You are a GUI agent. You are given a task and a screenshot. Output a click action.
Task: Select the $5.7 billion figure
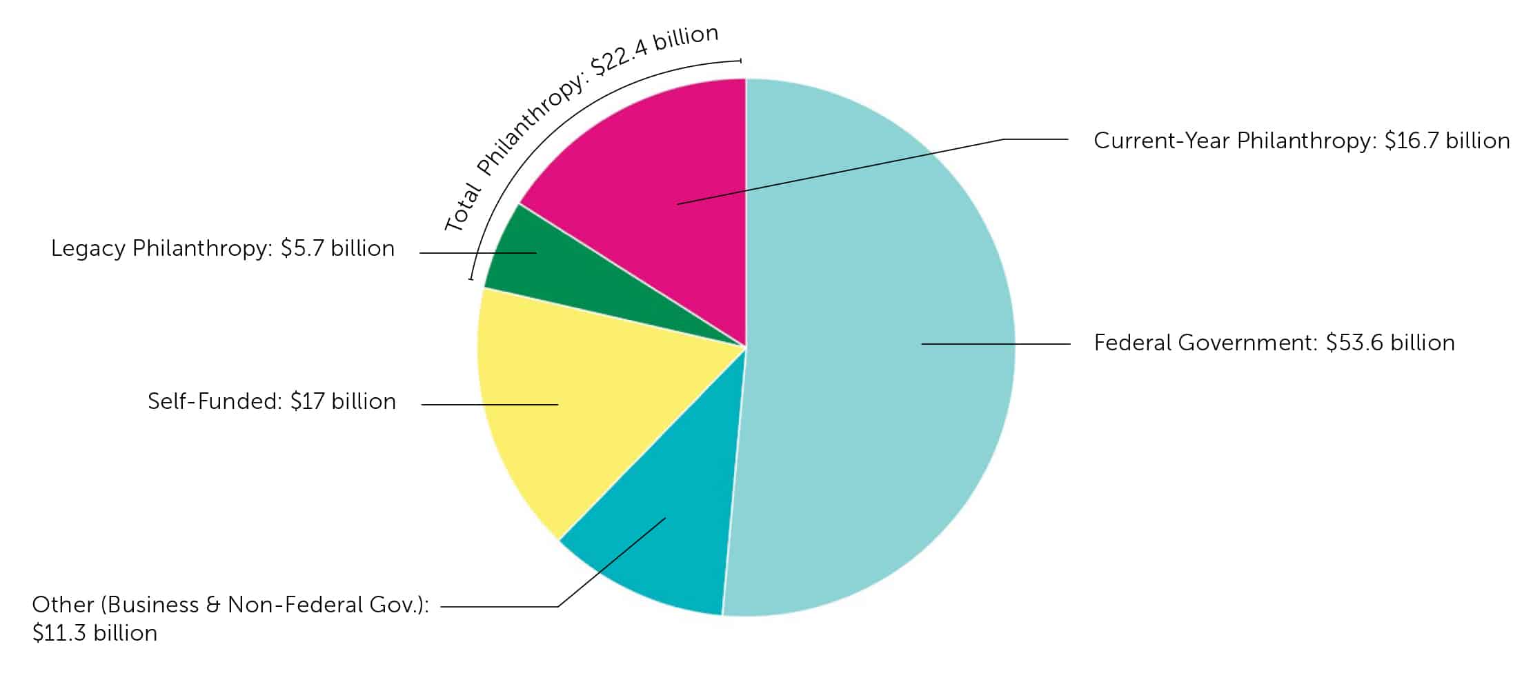[337, 248]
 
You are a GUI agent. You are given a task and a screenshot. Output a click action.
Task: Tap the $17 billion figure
[343, 401]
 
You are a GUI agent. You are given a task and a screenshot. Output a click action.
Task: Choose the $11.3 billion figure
[95, 633]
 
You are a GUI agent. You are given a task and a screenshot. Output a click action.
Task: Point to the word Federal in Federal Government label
[1133, 343]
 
